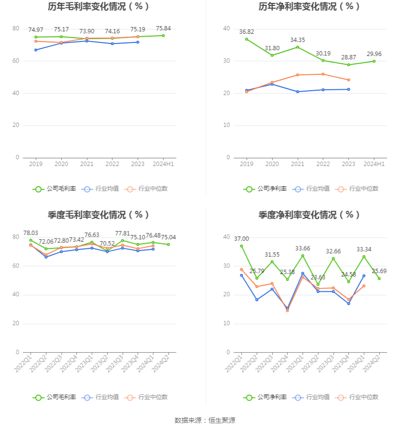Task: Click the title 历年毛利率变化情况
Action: coord(99,7)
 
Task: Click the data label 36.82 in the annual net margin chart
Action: coord(246,32)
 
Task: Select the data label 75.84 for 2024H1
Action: coord(164,28)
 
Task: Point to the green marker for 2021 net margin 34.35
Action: coord(298,47)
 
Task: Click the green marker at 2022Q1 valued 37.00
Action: coord(241,246)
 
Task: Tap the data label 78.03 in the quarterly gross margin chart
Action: coord(31,233)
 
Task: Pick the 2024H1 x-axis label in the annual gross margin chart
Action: coord(164,164)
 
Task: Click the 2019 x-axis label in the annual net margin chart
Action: coord(246,164)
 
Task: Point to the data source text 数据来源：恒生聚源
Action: coord(205,420)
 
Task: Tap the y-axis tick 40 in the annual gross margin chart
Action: coord(16,93)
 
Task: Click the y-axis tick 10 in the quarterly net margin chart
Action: coord(227,323)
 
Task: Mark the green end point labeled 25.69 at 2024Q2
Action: coord(379,278)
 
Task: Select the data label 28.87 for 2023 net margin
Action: coord(349,57)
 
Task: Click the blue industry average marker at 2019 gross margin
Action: coord(36,50)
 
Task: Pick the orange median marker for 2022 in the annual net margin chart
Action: coord(323,74)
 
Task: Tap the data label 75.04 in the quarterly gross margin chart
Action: coord(168,237)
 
